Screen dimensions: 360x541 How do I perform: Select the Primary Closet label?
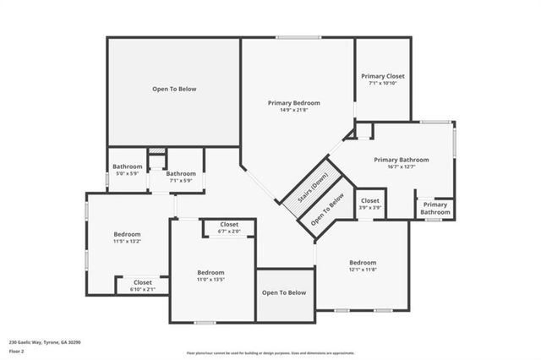(x=383, y=75)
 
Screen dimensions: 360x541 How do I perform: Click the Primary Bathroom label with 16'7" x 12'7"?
(x=402, y=160)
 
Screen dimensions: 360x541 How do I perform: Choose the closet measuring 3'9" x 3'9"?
(x=369, y=204)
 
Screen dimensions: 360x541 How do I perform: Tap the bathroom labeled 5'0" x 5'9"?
(x=128, y=170)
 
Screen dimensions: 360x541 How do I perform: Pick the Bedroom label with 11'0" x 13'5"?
(x=210, y=272)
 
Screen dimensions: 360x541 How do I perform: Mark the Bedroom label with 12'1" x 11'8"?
(x=362, y=262)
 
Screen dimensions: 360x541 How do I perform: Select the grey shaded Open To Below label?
(x=284, y=292)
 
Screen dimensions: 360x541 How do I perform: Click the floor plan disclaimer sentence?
(x=270, y=353)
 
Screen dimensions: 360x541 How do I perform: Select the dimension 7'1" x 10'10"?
(x=383, y=83)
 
